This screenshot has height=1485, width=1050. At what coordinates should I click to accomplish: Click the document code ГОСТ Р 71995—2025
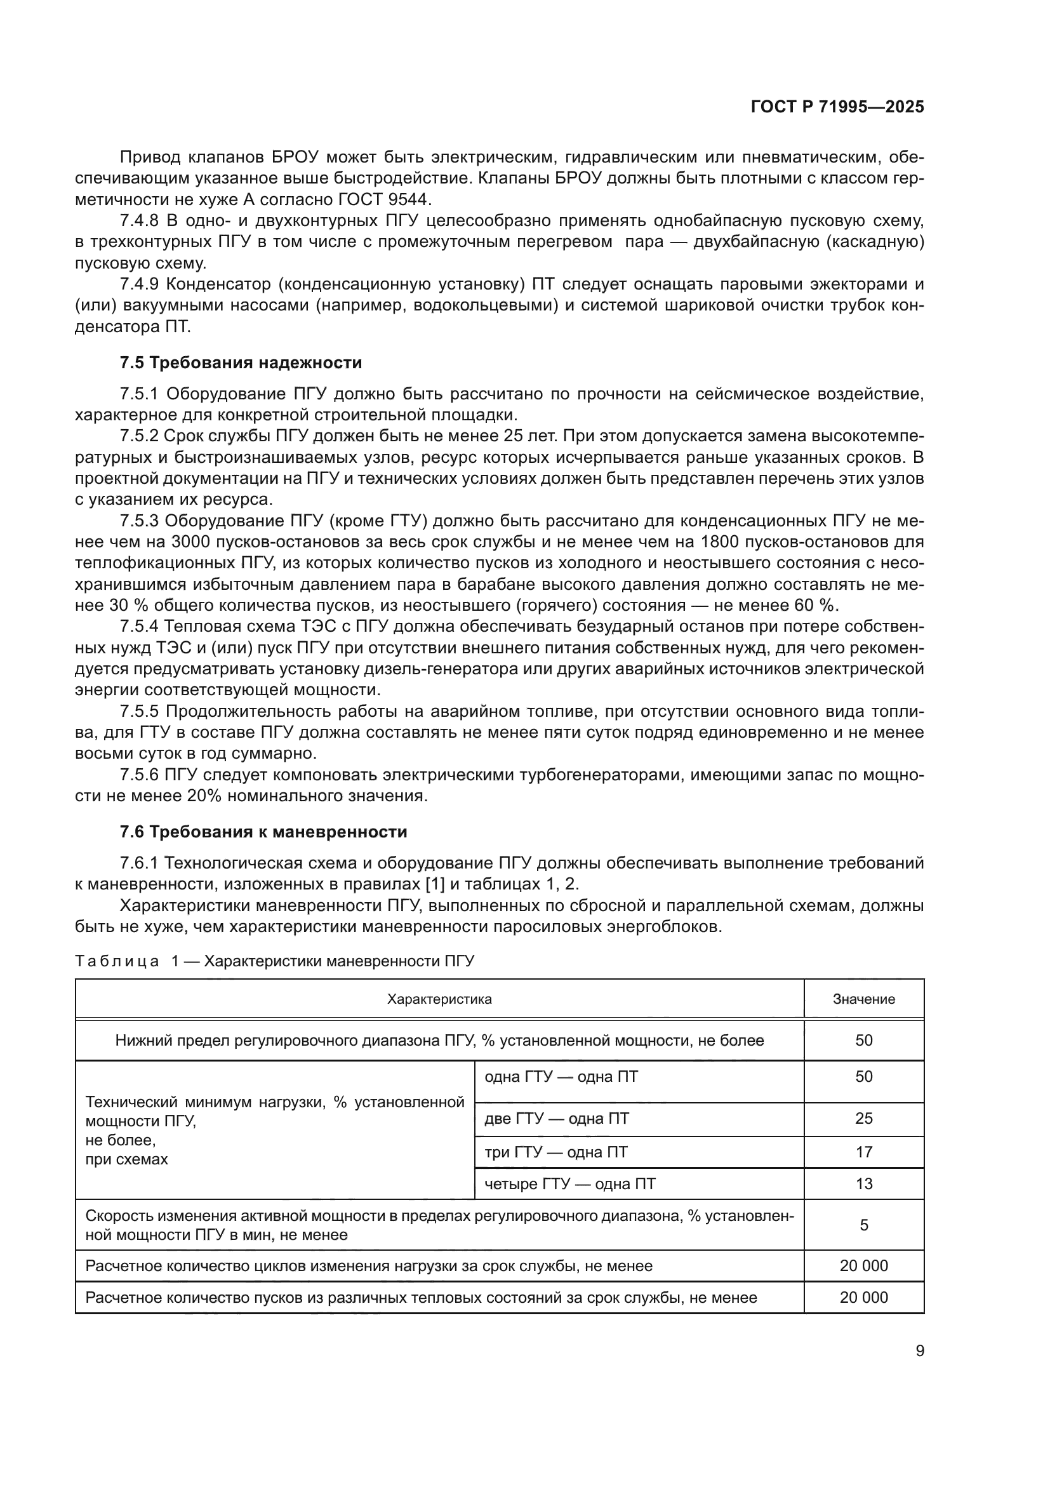tap(837, 107)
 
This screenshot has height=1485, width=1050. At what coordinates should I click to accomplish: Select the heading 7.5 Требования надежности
tap(241, 363)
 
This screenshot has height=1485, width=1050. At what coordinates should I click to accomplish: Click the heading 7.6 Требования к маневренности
tap(263, 832)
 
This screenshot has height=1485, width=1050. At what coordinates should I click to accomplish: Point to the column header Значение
tap(863, 999)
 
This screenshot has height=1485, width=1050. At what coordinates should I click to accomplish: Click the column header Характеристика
tap(439, 999)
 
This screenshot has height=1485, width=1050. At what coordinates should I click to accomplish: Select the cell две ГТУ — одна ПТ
tap(557, 1118)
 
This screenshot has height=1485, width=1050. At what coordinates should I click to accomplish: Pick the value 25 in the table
tap(863, 1118)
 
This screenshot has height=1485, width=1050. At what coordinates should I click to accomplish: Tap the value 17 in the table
tap(863, 1152)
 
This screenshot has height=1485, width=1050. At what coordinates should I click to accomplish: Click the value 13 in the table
tap(863, 1183)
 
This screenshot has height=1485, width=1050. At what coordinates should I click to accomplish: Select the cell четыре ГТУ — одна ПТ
tap(569, 1183)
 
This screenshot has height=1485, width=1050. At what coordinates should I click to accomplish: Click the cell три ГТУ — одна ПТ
tap(555, 1152)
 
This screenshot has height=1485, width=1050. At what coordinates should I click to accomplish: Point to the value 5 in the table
tap(863, 1225)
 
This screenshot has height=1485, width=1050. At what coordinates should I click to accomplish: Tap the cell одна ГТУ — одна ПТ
tap(561, 1077)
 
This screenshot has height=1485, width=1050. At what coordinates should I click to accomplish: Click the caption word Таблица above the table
tap(116, 961)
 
